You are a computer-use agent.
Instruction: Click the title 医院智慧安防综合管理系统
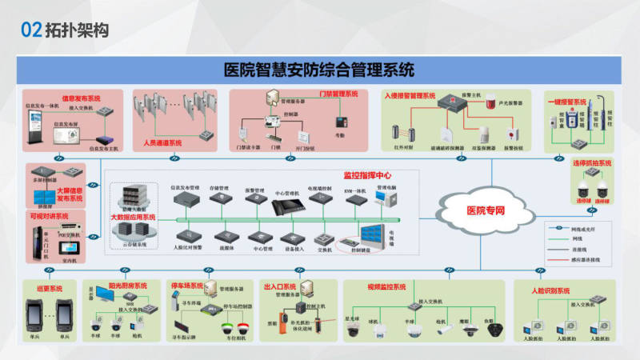[319, 70]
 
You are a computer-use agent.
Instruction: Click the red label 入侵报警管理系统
[409, 96]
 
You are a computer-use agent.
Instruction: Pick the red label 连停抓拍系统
[591, 163]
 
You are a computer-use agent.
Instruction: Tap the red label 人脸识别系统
[552, 290]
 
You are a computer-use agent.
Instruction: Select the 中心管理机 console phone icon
[286, 206]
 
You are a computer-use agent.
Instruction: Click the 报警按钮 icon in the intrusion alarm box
[514, 134]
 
